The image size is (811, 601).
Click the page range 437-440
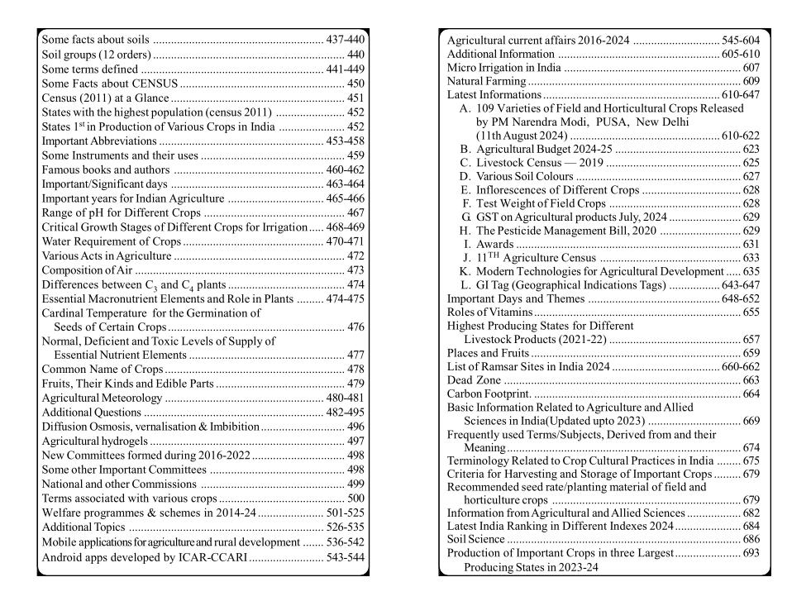click(346, 40)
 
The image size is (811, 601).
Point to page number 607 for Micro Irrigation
click(751, 68)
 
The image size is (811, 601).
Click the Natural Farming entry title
click(486, 81)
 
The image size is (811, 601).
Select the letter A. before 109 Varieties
click(465, 108)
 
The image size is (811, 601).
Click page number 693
click(751, 553)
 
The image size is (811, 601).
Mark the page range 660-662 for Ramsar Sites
click(741, 367)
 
